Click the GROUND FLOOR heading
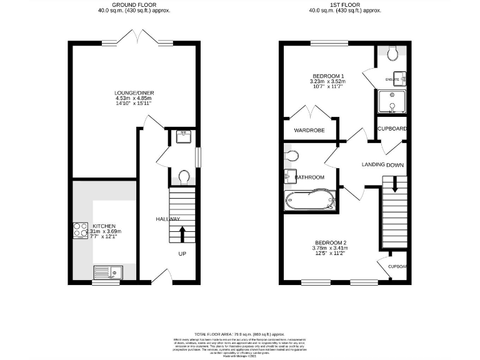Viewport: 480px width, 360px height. coord(134,4)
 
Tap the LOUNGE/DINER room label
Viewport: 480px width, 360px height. coord(135,93)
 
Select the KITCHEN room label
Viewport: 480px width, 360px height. coord(104,226)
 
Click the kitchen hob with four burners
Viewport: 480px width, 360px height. coord(81,231)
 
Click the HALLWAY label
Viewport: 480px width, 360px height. coord(168,219)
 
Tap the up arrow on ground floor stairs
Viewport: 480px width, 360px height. coord(182,235)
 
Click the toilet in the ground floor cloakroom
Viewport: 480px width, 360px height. coord(183,177)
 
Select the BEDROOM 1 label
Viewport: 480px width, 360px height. coord(327,76)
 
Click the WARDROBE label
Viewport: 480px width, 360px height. coord(309,131)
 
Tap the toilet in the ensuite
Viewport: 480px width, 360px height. coord(393,55)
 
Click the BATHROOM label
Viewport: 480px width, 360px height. coord(310,177)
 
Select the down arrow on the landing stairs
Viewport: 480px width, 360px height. coord(394,186)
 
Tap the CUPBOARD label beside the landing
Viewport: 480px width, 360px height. coord(392,129)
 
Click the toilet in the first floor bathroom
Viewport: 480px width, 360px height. coord(291,154)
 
